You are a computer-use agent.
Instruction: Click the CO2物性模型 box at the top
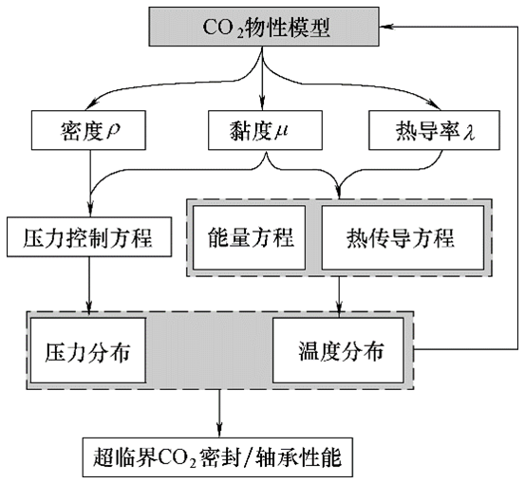coord(262,27)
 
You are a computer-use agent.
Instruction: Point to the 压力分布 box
coord(87,350)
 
